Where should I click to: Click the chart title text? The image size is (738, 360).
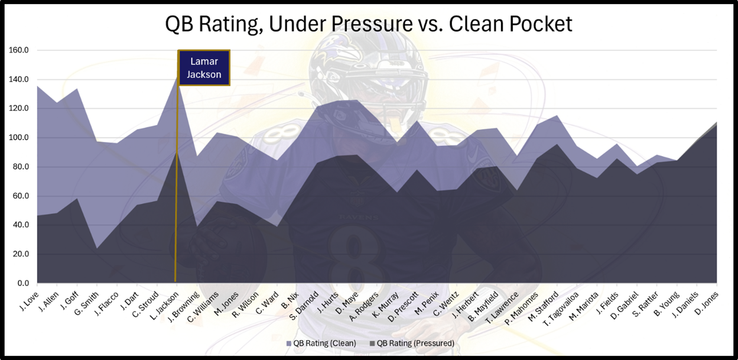[x=369, y=24]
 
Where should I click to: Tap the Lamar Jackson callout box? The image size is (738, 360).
[x=204, y=68]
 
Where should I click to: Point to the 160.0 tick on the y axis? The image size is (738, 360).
[x=19, y=50]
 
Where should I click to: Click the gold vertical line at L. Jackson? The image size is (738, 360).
[x=177, y=177]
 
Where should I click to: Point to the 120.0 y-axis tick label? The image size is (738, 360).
[x=19, y=109]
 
